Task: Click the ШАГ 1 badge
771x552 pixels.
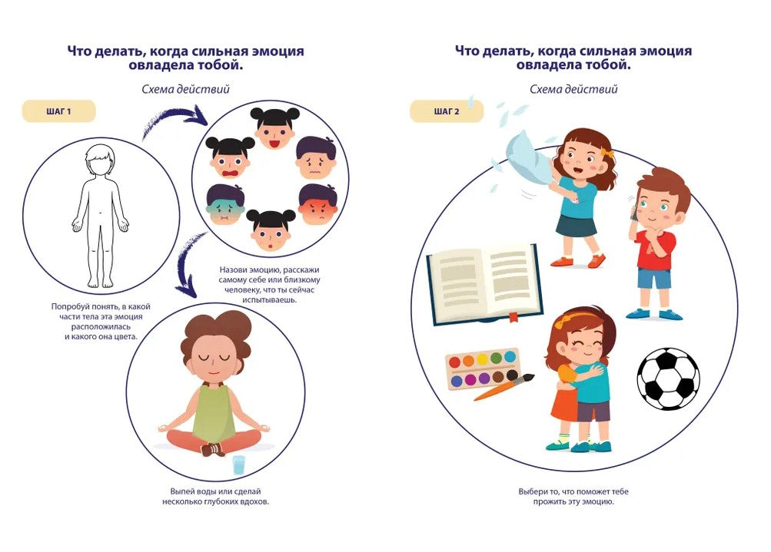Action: pos(58,111)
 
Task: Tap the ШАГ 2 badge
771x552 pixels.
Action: pos(447,111)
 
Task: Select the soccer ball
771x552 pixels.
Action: pos(668,379)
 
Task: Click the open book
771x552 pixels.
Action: pos(485,284)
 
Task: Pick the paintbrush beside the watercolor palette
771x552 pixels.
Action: pos(504,387)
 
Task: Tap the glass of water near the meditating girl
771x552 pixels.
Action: pos(238,464)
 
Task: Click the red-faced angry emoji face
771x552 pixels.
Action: pos(318,204)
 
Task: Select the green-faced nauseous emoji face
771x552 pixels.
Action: pos(226,205)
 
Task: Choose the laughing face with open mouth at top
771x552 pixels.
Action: pos(275,128)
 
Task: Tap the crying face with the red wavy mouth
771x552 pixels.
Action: pos(230,157)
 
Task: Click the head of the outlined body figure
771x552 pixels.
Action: pos(100,160)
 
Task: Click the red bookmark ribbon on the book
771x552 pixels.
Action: pos(513,316)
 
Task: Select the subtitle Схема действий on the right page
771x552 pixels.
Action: pos(573,89)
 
